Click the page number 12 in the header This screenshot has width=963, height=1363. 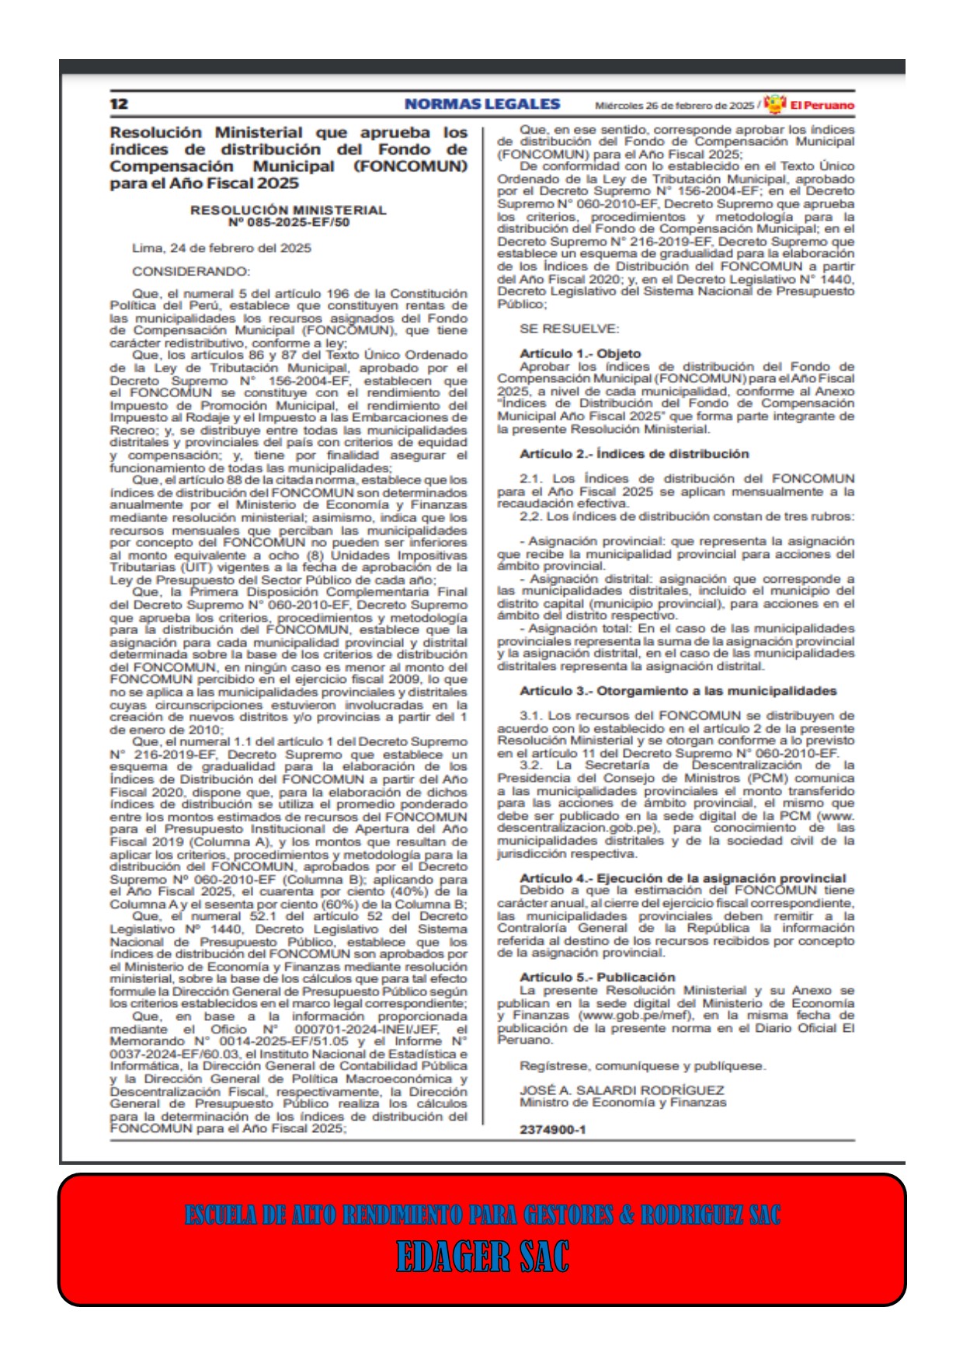pyautogui.click(x=119, y=104)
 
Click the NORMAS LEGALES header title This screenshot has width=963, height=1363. pyautogui.click(x=481, y=104)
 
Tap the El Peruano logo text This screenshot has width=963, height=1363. pyautogui.click(x=822, y=105)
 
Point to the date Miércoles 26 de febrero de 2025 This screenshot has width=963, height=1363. pyautogui.click(x=674, y=106)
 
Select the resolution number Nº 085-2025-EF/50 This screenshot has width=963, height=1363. pyautogui.click(x=288, y=222)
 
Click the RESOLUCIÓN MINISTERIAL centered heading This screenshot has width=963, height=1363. pyautogui.click(x=288, y=210)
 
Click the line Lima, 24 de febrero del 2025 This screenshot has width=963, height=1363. pyautogui.click(x=221, y=248)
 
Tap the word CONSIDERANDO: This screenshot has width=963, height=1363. pyautogui.click(x=191, y=271)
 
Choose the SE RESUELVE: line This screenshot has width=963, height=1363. pyautogui.click(x=569, y=329)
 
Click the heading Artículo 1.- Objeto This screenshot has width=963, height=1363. pyautogui.click(x=580, y=354)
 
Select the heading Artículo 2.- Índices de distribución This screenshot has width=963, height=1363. pyautogui.click(x=634, y=454)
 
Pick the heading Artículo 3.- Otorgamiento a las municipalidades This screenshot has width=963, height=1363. pyautogui.click(x=678, y=691)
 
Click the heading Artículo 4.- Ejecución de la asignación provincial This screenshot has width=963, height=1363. pyautogui.click(x=683, y=878)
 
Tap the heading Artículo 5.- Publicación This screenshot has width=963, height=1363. pyautogui.click(x=597, y=977)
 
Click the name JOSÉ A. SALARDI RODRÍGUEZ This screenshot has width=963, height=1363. pyautogui.click(x=621, y=1090)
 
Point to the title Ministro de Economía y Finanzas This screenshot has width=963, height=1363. pyautogui.click(x=623, y=1103)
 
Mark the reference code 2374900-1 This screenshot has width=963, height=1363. pyautogui.click(x=552, y=1129)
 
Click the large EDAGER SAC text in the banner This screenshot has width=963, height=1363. pyautogui.click(x=482, y=1257)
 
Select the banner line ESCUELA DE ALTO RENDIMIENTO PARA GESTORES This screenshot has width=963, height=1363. pyautogui.click(x=481, y=1215)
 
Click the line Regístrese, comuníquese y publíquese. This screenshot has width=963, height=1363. pyautogui.click(x=642, y=1065)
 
